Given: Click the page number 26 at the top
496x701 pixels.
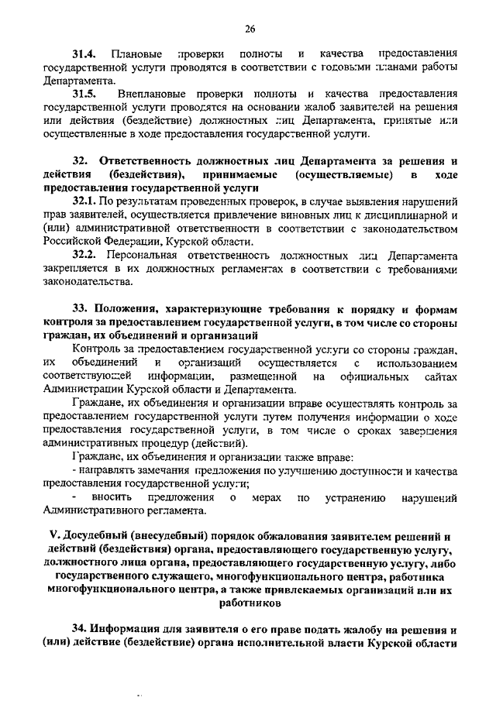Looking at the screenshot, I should (x=250, y=29).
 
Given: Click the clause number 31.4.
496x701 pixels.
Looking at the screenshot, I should (x=84, y=53).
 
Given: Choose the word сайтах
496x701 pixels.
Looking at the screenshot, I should (x=441, y=376).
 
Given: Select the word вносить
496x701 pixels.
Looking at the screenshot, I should (x=111, y=497).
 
